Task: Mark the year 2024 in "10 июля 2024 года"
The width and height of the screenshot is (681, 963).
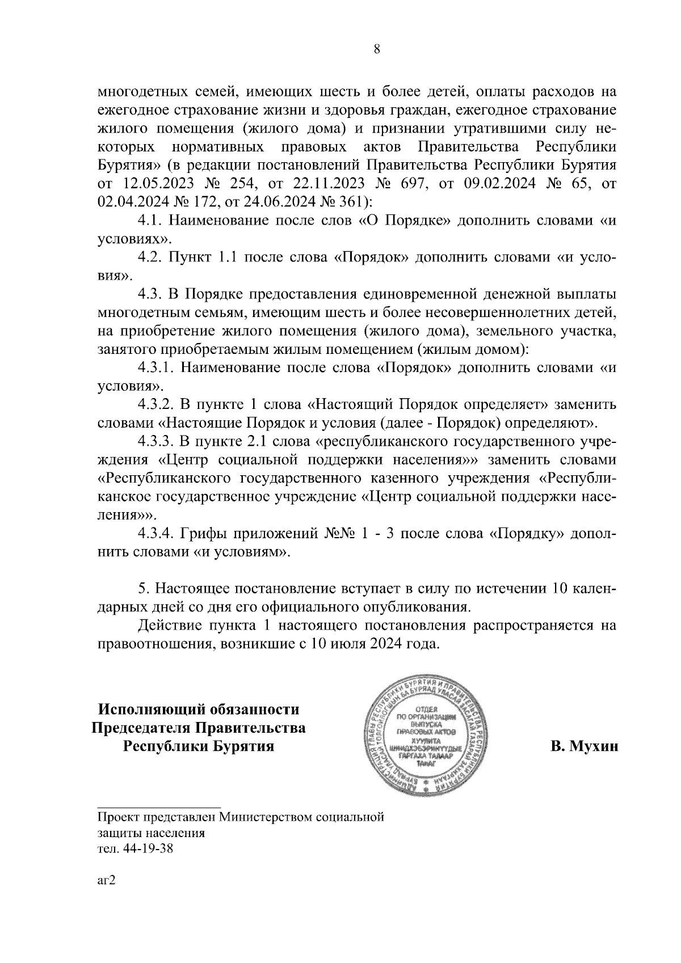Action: point(381,645)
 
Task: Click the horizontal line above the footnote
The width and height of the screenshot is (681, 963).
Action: point(159,806)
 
